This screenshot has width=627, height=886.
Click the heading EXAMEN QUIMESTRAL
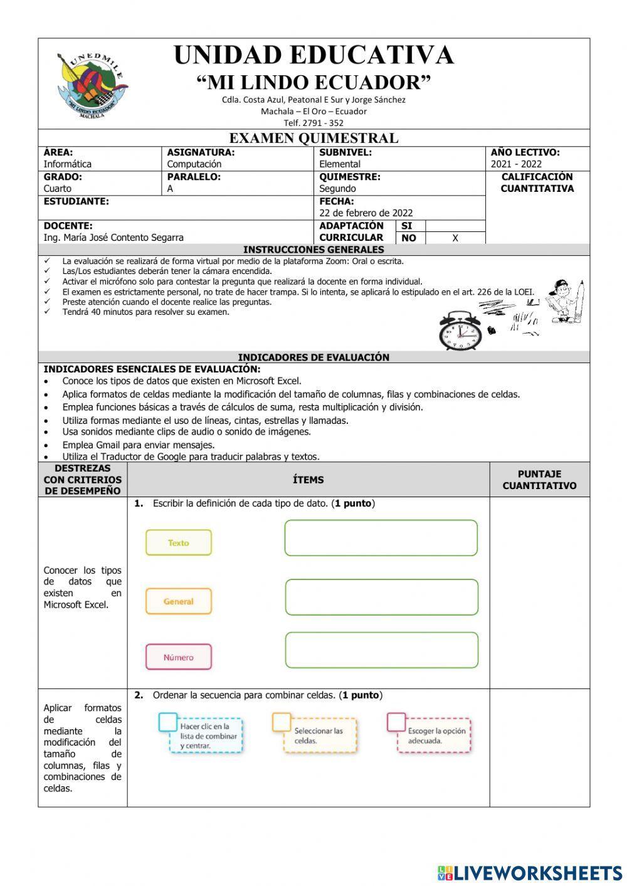tap(313, 138)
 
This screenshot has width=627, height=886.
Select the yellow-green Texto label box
tap(179, 543)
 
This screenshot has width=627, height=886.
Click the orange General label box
tap(179, 601)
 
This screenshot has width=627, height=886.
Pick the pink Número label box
tap(179, 657)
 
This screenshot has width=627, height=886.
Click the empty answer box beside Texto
tap(381, 538)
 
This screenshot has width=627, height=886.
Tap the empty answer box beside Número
tap(381, 650)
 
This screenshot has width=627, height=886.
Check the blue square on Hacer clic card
tap(168, 722)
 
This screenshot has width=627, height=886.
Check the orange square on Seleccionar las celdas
tap(282, 722)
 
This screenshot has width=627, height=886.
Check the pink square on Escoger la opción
tap(396, 722)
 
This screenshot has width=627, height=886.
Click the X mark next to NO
tap(455, 238)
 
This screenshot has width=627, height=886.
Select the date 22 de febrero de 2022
tap(366, 213)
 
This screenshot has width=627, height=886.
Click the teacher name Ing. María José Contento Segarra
tap(113, 238)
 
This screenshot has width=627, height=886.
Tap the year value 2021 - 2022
tap(516, 164)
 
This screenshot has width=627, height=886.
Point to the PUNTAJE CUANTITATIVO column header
tap(539, 480)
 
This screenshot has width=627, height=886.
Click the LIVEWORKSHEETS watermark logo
tap(530, 873)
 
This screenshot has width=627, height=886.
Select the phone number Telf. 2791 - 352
tap(313, 123)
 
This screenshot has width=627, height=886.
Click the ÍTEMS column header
tap(308, 480)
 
